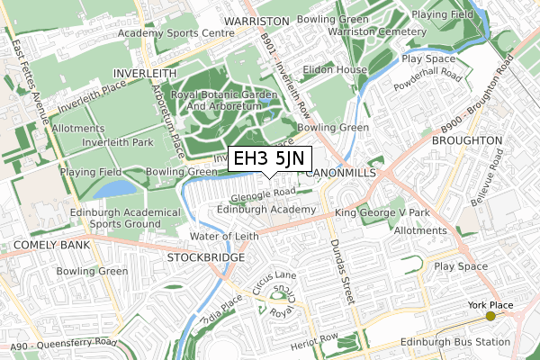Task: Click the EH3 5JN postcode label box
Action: [268, 159]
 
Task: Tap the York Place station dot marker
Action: [490, 317]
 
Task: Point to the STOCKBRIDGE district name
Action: [205, 257]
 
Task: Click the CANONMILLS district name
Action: [342, 171]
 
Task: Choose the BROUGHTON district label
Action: [466, 141]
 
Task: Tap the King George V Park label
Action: [382, 213]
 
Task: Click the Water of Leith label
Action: [224, 236]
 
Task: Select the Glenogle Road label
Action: [263, 192]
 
